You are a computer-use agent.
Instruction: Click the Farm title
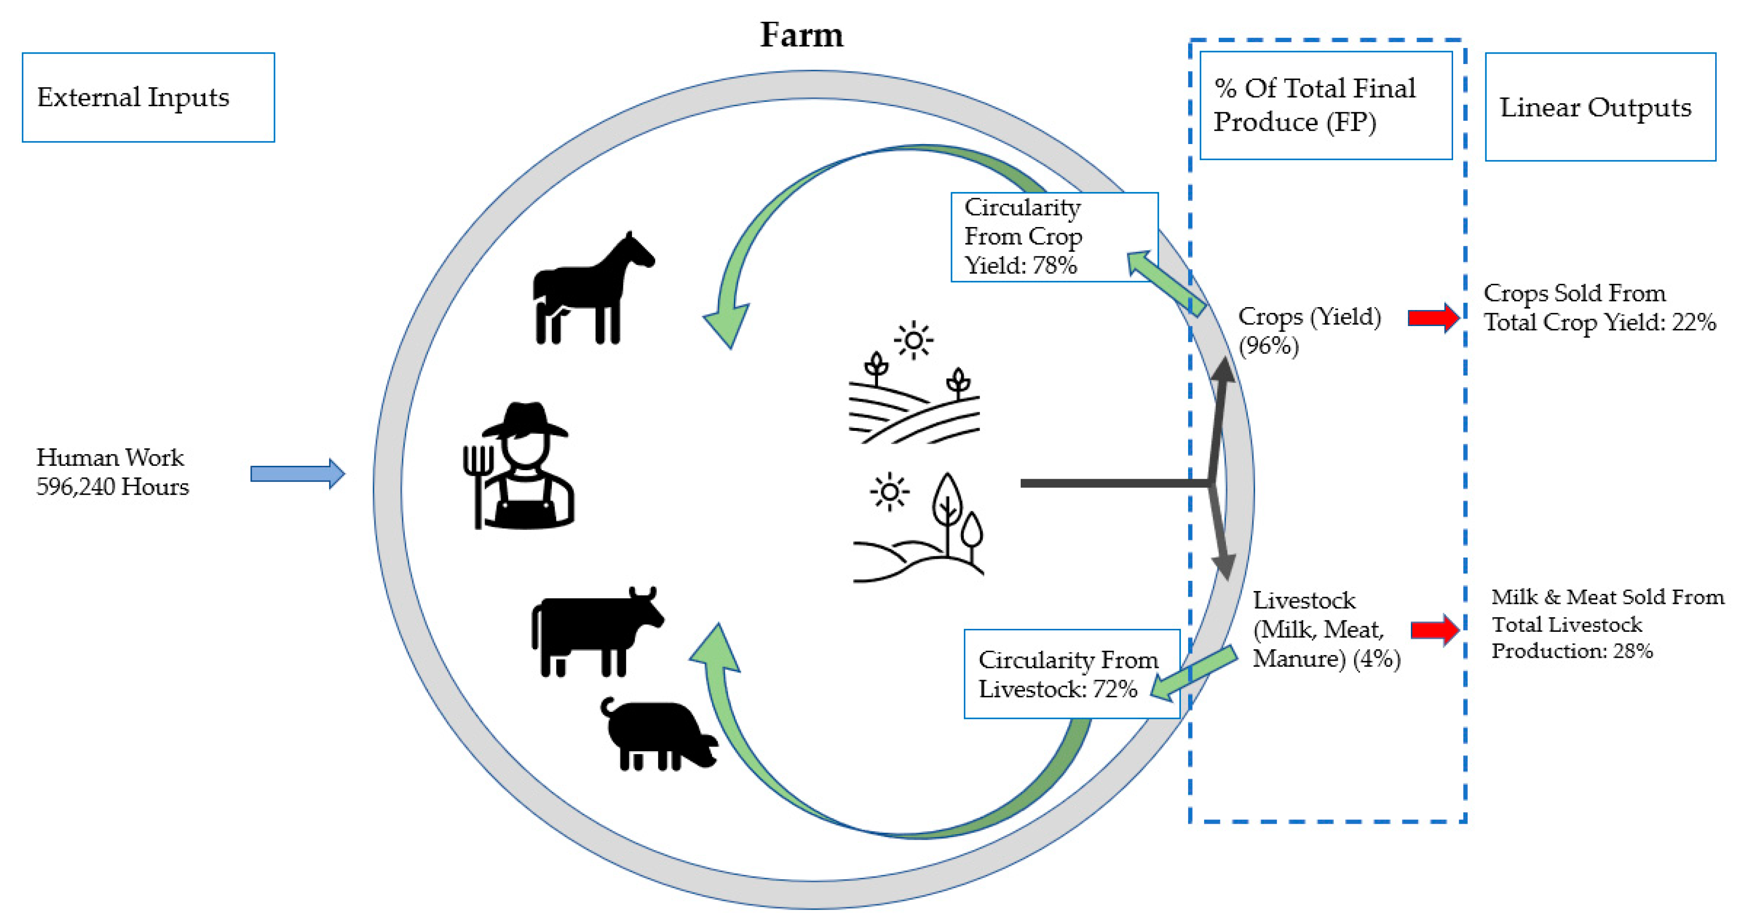click(x=802, y=35)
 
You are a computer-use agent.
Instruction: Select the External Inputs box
click(x=148, y=97)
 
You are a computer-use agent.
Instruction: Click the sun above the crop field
click(x=914, y=339)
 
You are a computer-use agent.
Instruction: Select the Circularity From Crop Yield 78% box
click(x=1054, y=237)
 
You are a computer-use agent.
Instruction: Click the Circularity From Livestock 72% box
click(x=1071, y=673)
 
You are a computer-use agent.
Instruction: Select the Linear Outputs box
click(x=1600, y=107)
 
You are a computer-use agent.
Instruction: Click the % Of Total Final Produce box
click(x=1325, y=105)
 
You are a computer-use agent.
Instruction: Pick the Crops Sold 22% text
click(x=1599, y=308)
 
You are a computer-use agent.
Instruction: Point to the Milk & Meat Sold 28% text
click(x=1606, y=624)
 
